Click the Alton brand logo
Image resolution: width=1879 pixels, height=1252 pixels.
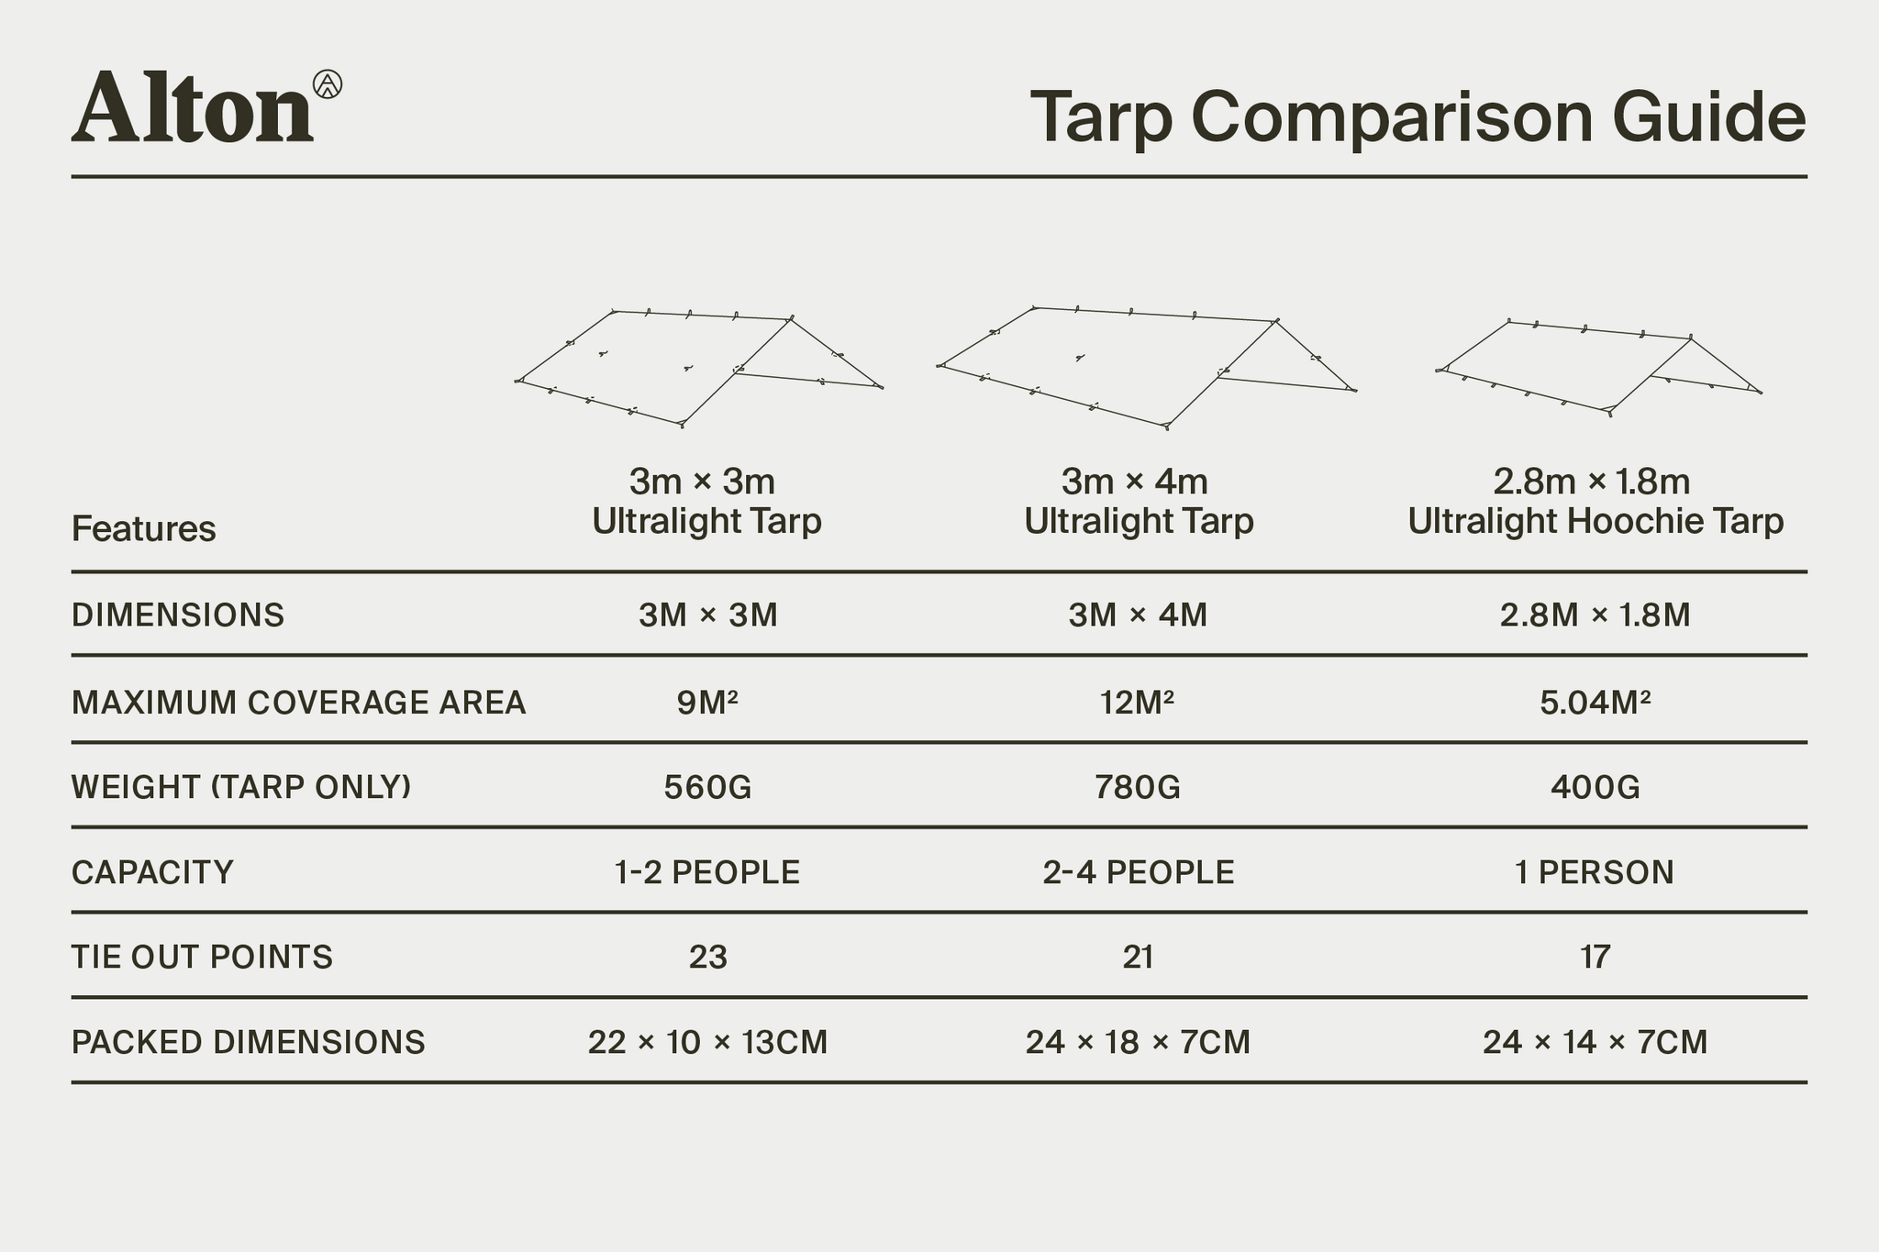coord(206,107)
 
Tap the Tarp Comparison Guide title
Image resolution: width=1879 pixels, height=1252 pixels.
coord(1418,117)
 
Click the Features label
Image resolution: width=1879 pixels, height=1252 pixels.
coord(144,529)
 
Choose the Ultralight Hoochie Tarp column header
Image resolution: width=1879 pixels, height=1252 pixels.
coord(1595,502)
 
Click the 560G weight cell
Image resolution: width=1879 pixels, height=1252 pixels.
coord(707,787)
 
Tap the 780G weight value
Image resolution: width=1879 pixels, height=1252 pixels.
coord(1138,787)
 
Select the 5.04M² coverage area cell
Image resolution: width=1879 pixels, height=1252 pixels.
coord(1595,703)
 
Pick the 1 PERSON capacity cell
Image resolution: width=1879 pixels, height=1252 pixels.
coord(1595,872)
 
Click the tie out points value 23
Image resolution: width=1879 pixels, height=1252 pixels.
coord(707,958)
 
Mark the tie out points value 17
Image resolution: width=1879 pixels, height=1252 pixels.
coord(1595,958)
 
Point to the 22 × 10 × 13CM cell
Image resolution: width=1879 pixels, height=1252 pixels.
coord(707,1043)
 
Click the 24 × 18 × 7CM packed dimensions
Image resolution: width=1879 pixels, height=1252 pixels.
coord(1138,1043)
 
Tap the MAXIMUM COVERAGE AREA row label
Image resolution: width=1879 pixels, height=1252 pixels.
coord(299,703)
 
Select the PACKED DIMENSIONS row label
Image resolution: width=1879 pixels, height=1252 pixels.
coord(249,1043)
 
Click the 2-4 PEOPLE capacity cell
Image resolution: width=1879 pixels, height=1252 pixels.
coord(1138,872)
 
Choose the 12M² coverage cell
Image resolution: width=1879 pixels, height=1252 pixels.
coord(1138,703)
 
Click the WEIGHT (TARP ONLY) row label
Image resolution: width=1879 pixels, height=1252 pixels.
coord(241,787)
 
